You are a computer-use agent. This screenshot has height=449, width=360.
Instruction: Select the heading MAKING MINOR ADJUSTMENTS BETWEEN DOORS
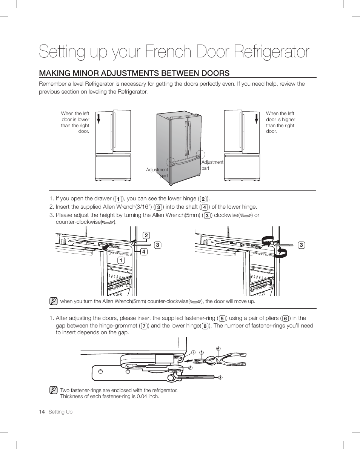(134, 73)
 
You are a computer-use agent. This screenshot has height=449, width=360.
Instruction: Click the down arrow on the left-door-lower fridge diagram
(98, 118)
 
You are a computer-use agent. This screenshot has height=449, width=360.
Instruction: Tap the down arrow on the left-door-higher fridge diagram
(256, 118)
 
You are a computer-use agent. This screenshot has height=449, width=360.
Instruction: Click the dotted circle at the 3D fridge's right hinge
(200, 155)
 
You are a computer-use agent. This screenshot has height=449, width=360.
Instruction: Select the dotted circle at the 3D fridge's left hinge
(171, 162)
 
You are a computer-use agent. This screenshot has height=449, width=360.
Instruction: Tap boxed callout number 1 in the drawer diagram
(121, 260)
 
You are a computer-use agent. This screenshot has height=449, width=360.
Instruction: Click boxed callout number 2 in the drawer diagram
(146, 236)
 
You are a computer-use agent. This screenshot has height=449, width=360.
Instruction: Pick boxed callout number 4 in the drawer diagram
(144, 251)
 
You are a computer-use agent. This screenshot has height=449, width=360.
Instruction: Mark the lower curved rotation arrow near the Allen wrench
(281, 253)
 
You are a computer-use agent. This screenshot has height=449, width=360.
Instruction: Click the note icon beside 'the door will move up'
(54, 301)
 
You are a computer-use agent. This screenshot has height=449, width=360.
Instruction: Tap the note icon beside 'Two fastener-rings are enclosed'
(54, 390)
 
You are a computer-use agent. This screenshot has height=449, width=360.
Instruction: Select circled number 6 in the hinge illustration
(218, 348)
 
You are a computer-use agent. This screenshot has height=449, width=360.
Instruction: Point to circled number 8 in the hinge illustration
(191, 368)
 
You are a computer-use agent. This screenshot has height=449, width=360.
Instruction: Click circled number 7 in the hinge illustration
(193, 352)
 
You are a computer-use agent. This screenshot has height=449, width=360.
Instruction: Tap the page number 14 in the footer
(42, 412)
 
